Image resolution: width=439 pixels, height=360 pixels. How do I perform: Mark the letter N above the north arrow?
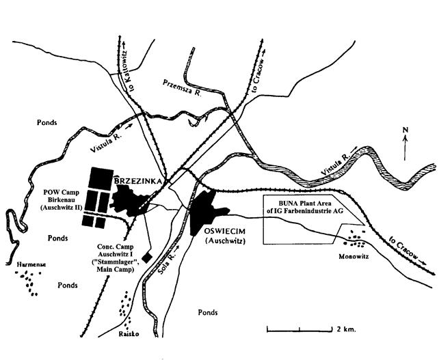[x=405, y=129]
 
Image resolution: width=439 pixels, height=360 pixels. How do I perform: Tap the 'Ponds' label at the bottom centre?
[x=207, y=312]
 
